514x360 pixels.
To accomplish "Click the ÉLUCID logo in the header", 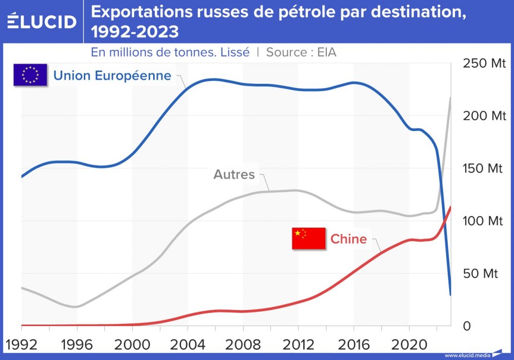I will click(42, 21).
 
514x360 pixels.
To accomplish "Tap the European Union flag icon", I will click(30, 75).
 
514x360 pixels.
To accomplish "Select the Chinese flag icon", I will click(308, 239).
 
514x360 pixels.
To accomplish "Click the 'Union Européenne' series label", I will click(112, 76).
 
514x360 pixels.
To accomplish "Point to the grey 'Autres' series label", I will click(234, 174).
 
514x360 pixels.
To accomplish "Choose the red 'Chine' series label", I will click(348, 239).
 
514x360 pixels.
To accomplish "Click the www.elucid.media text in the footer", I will click(467, 355).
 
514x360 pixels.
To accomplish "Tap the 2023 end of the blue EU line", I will click(450, 294).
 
